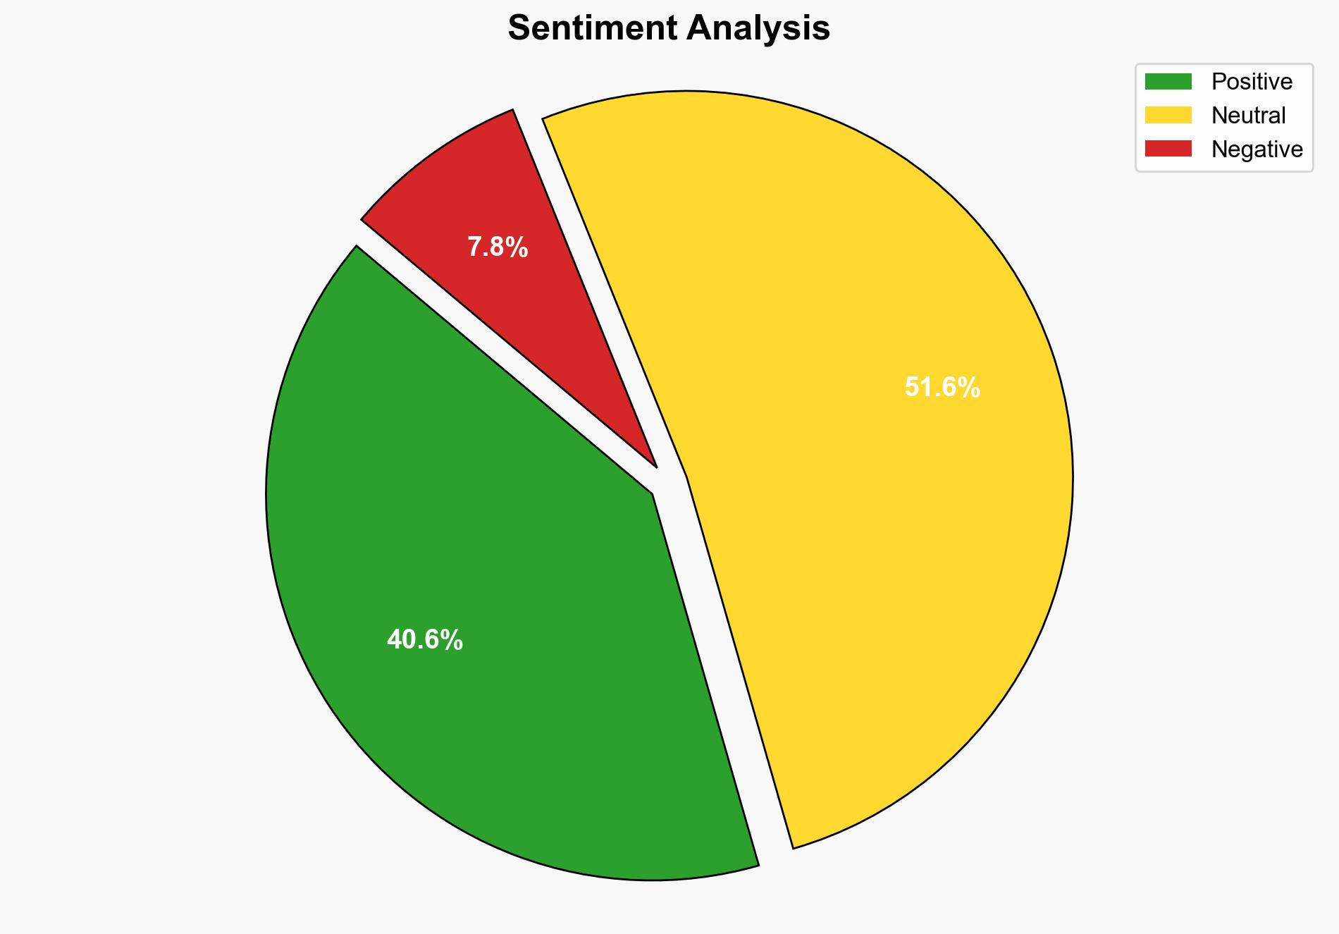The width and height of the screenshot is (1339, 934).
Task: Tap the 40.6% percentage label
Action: (x=424, y=640)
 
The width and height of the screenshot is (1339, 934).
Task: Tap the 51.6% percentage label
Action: (x=942, y=388)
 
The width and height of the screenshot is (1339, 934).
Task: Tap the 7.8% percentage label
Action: (x=498, y=247)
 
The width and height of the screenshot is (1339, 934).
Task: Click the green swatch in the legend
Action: (x=1168, y=82)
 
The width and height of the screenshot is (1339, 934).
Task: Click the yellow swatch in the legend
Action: (x=1168, y=115)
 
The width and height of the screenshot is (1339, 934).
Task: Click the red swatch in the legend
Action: (x=1168, y=149)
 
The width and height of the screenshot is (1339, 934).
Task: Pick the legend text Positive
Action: (x=1252, y=82)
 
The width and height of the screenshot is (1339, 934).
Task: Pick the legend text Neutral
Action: (x=1248, y=115)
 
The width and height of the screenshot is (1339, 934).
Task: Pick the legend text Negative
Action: (x=1257, y=149)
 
